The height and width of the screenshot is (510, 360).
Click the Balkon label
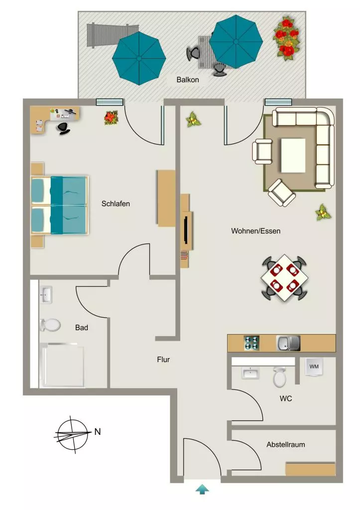(x=188, y=80)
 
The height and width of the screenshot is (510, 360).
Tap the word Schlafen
(x=116, y=204)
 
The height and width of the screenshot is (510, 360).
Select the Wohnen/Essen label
(x=255, y=231)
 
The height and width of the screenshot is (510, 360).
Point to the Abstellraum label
(x=285, y=445)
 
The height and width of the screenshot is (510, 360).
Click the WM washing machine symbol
(x=314, y=367)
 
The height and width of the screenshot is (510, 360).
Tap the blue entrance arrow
(x=202, y=489)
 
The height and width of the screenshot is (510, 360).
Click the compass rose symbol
(x=73, y=434)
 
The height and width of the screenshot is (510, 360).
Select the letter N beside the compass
(x=97, y=432)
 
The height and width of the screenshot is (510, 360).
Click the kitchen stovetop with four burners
(x=251, y=343)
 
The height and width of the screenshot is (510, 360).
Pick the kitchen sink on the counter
(x=288, y=343)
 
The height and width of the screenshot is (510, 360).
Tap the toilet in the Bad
(x=50, y=325)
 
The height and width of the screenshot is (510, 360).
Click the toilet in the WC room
(x=279, y=377)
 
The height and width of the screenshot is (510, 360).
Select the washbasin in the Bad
(x=45, y=295)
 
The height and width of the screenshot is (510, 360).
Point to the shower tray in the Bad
(x=62, y=365)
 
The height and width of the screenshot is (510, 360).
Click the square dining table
(x=284, y=278)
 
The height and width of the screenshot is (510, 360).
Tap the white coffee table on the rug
(x=293, y=155)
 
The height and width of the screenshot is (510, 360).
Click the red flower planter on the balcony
(x=286, y=39)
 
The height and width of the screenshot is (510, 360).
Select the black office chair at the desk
(x=63, y=128)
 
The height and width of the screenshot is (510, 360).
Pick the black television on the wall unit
(x=185, y=230)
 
